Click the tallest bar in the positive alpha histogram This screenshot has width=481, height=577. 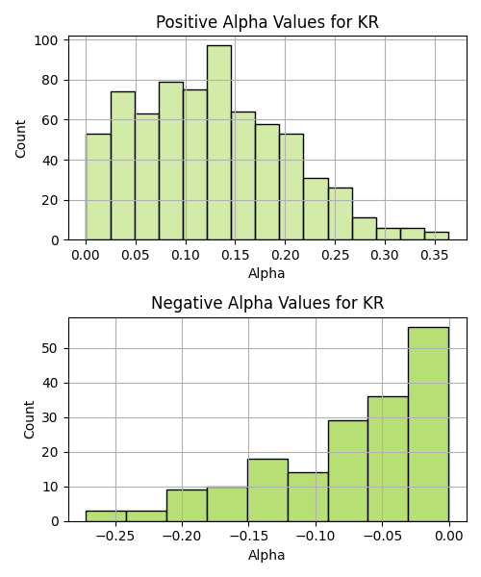point(219,142)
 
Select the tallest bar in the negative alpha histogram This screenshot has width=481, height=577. point(428,424)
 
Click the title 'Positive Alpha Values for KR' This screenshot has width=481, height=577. point(267,22)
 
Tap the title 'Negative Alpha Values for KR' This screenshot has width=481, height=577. point(267,303)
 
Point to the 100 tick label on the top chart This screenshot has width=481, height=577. point(46,40)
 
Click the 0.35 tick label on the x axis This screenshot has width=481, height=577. point(435,255)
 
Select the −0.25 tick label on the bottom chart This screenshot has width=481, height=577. point(115,537)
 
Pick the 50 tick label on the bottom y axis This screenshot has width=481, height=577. point(50,348)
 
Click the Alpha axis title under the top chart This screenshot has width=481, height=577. point(266,273)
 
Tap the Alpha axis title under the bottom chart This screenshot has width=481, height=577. point(266,555)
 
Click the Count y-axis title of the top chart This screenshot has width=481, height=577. point(20,138)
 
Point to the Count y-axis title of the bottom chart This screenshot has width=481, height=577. point(29,420)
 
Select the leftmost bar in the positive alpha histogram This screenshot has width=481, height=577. point(98,187)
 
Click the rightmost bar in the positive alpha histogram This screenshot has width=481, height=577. point(437,236)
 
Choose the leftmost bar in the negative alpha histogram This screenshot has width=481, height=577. point(106,516)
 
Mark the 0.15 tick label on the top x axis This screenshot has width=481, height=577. point(235,255)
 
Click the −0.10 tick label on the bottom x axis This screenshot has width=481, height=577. point(316,537)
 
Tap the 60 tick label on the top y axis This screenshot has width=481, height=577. point(50,120)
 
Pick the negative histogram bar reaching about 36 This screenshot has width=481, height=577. point(388,459)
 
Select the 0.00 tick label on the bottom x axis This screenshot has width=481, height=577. point(449,537)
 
